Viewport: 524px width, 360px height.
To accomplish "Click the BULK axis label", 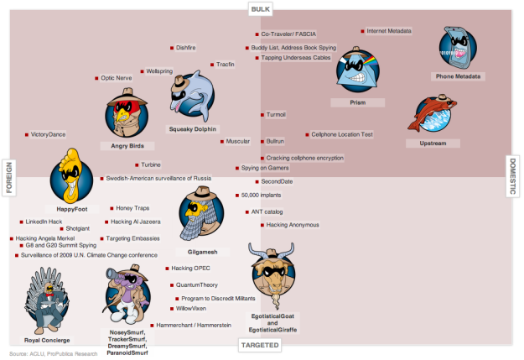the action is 261,9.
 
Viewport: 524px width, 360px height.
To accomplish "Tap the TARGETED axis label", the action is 260,345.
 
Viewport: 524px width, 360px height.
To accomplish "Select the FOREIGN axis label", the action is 9,178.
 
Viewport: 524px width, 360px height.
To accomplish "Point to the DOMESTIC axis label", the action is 512,176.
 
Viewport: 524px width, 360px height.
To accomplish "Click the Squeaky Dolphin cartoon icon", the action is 192,95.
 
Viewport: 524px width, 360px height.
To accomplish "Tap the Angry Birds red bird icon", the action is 127,113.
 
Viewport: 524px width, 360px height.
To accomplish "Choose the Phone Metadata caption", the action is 458,76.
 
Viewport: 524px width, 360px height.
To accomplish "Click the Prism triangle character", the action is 357,70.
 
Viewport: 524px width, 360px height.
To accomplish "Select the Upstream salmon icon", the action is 433,113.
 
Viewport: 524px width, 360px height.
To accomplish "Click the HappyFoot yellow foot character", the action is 71,176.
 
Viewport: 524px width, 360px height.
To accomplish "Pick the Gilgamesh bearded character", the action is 201,213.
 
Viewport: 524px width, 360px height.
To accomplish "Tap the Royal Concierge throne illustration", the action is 47,300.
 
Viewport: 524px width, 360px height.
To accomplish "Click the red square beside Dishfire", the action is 172,48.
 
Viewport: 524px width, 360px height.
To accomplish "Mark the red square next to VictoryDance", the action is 27,135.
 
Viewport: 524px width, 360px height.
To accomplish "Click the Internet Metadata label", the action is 389,31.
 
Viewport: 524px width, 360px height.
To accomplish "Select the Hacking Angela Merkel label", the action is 45,238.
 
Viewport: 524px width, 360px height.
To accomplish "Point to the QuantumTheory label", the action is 197,284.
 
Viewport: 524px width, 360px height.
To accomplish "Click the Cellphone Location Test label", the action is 342,134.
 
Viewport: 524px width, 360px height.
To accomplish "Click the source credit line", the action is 54,353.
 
